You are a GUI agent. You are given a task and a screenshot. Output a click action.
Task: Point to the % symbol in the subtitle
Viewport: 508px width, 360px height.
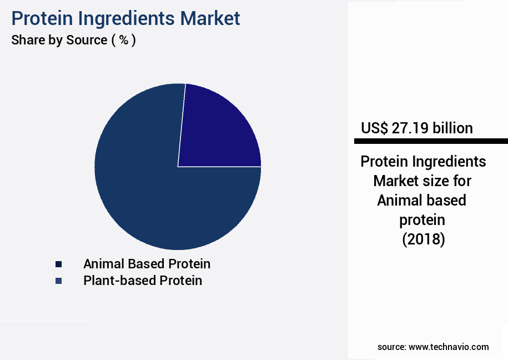[x=123, y=40]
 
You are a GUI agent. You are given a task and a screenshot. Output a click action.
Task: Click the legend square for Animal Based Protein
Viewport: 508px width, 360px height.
[x=58, y=264]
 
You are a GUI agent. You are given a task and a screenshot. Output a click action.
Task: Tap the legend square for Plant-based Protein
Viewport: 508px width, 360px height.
[x=58, y=281]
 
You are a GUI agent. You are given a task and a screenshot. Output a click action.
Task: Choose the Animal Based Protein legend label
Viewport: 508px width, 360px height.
[x=147, y=263]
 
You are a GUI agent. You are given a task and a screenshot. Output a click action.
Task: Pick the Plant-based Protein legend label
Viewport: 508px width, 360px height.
[x=143, y=281]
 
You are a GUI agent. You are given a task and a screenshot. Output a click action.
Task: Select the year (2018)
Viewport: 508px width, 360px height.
[x=423, y=239]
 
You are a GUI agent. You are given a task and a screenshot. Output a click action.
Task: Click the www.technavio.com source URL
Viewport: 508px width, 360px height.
[x=449, y=347]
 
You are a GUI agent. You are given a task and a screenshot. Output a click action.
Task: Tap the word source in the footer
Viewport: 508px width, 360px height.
[x=391, y=347]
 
